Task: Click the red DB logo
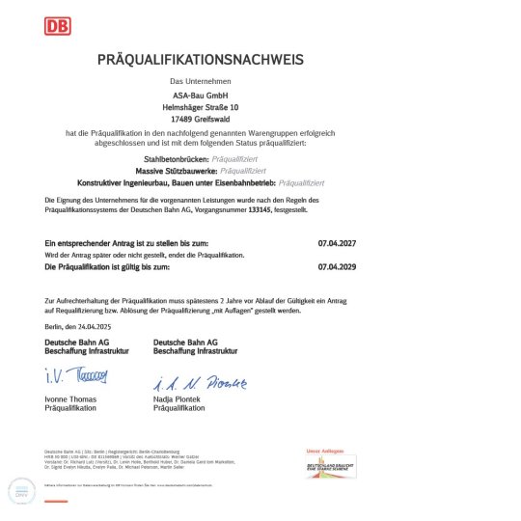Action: [x=57, y=26]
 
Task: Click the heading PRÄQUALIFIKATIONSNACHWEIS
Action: [x=201, y=60]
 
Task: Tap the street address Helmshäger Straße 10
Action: [x=201, y=107]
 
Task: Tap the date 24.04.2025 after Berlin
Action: [x=97, y=328]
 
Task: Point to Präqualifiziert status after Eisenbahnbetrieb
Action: [x=301, y=182]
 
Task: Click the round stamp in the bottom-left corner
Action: [x=22, y=490]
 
